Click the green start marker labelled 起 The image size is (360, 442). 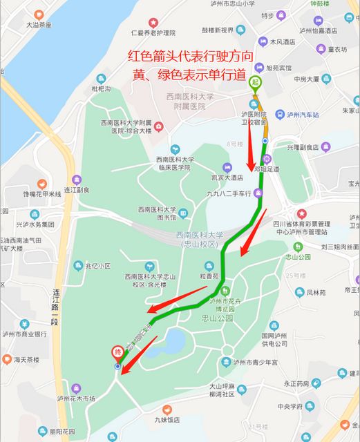point(254,84)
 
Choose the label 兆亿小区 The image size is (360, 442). point(98,266)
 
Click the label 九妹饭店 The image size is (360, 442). point(167,419)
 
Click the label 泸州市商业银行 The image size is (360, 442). point(23,334)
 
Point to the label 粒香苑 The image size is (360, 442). point(209,276)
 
